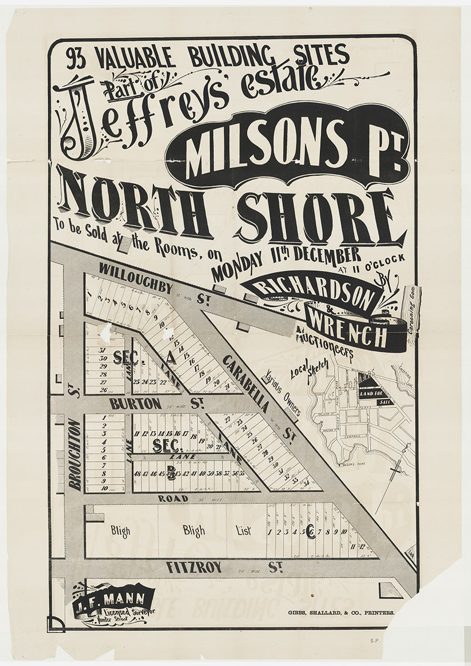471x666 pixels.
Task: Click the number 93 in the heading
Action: pos(77,59)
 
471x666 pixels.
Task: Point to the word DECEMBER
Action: pos(328,256)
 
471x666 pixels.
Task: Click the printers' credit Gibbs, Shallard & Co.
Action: pos(341,613)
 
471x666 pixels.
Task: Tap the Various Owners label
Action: pos(283,393)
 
